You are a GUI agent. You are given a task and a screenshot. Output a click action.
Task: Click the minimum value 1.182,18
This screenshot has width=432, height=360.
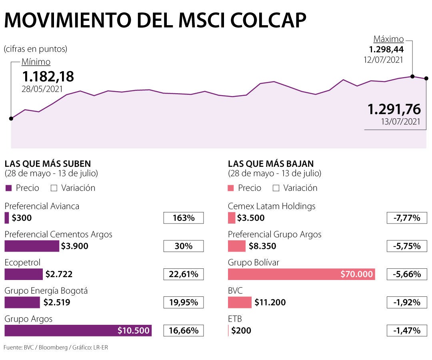(x=48, y=76)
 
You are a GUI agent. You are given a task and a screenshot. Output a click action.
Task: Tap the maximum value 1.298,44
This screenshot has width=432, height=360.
(x=386, y=50)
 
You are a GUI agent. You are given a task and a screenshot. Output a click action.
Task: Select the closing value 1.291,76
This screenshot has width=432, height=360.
(x=394, y=109)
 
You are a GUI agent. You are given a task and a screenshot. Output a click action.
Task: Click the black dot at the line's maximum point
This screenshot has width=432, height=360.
(x=412, y=76)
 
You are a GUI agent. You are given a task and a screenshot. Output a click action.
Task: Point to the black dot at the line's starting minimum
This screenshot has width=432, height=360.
(x=11, y=118)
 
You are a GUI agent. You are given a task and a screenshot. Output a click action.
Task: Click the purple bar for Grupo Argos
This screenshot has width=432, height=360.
(x=78, y=330)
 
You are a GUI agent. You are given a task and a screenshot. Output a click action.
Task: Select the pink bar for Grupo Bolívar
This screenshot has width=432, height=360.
(x=301, y=274)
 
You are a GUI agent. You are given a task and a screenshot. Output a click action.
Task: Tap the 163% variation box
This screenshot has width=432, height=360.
(x=184, y=218)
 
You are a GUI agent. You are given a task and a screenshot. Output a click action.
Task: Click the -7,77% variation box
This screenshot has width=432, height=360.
(x=406, y=218)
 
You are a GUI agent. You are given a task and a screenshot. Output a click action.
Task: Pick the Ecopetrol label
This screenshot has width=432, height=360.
(x=22, y=262)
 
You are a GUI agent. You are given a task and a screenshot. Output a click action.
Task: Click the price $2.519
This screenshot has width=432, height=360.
(x=58, y=302)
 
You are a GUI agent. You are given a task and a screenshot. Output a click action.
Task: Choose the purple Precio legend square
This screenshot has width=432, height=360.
(x=8, y=188)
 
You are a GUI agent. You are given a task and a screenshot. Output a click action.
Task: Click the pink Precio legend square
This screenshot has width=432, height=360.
(x=231, y=188)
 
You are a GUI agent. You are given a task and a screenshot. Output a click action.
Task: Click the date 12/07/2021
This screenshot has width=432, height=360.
(x=383, y=60)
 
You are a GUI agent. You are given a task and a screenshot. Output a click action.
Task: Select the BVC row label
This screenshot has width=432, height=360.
(x=235, y=290)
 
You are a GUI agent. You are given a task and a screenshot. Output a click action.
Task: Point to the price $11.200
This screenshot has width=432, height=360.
(x=270, y=302)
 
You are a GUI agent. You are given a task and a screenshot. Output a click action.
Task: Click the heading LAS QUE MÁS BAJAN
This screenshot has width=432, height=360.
(x=271, y=164)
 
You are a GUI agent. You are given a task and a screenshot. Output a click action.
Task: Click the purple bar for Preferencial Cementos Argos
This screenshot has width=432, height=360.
(x=32, y=246)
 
